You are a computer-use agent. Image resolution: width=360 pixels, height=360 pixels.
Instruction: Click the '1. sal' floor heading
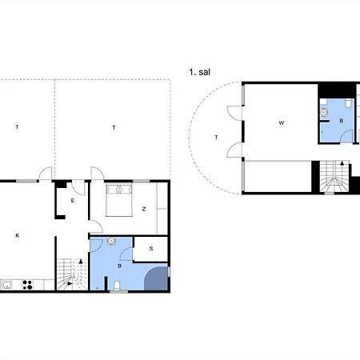click(200, 72)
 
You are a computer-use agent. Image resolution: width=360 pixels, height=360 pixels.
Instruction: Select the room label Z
click(144, 209)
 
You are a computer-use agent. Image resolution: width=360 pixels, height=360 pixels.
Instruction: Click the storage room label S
click(151, 249)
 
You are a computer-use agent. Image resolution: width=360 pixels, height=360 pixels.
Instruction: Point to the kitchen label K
click(18, 235)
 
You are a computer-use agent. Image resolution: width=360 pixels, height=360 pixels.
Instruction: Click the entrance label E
click(73, 201)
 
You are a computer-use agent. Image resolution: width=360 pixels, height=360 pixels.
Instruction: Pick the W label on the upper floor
click(282, 123)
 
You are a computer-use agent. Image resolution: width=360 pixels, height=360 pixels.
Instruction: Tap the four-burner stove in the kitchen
click(27, 285)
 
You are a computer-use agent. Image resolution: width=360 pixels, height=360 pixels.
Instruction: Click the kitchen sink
click(6, 285)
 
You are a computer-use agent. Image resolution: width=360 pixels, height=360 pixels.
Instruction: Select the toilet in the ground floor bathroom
click(117, 286)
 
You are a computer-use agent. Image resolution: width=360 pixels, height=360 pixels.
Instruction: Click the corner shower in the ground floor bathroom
click(156, 278)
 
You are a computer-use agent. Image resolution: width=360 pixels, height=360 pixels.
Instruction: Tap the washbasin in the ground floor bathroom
click(111, 241)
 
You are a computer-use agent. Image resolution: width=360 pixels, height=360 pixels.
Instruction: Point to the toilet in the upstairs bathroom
click(348, 103)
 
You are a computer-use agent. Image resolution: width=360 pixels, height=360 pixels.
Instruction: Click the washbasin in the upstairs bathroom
click(324, 112)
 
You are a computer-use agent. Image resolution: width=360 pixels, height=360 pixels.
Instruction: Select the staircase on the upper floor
click(334, 176)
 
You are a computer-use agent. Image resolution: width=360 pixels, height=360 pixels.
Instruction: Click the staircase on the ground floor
click(72, 274)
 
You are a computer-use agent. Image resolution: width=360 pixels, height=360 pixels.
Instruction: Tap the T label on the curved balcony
click(216, 138)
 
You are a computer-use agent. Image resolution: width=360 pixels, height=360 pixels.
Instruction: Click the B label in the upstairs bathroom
click(342, 121)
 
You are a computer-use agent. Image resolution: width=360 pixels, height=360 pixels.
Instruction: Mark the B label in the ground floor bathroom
click(119, 266)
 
